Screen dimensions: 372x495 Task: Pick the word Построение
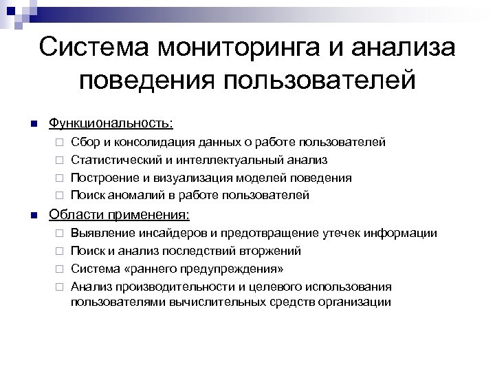tap(102, 178)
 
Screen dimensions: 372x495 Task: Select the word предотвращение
tap(255, 233)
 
